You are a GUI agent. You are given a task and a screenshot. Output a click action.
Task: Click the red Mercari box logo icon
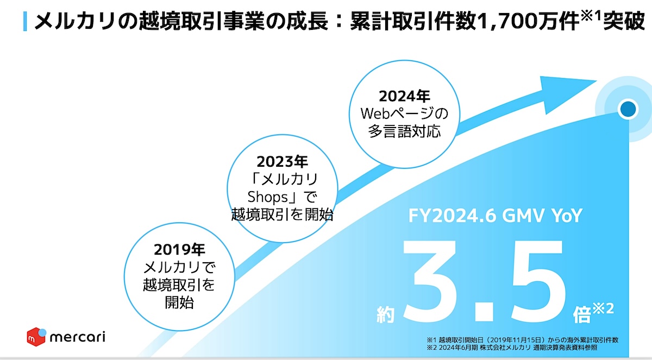(36, 337)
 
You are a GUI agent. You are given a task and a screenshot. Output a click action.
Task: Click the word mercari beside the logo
(77, 337)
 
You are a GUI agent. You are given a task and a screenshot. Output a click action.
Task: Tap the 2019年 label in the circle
(179, 249)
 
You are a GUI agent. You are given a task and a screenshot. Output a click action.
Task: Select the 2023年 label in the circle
(282, 162)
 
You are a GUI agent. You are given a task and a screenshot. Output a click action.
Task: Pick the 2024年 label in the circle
(404, 96)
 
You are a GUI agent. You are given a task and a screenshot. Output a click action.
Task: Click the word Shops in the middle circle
(267, 197)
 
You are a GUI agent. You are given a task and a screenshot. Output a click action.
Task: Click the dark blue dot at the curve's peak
(628, 109)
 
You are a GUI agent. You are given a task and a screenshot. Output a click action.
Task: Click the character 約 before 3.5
(385, 314)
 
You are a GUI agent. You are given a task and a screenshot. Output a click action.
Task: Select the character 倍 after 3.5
(582, 314)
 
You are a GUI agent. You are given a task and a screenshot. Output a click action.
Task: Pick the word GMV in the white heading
(523, 216)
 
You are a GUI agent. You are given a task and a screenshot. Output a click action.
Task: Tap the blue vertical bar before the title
(25, 21)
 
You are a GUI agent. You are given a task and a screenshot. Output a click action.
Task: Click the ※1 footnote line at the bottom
(523, 340)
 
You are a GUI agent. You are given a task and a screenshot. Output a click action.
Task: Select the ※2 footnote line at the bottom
(512, 348)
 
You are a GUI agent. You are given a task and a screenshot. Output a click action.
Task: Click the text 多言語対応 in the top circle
(404, 131)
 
